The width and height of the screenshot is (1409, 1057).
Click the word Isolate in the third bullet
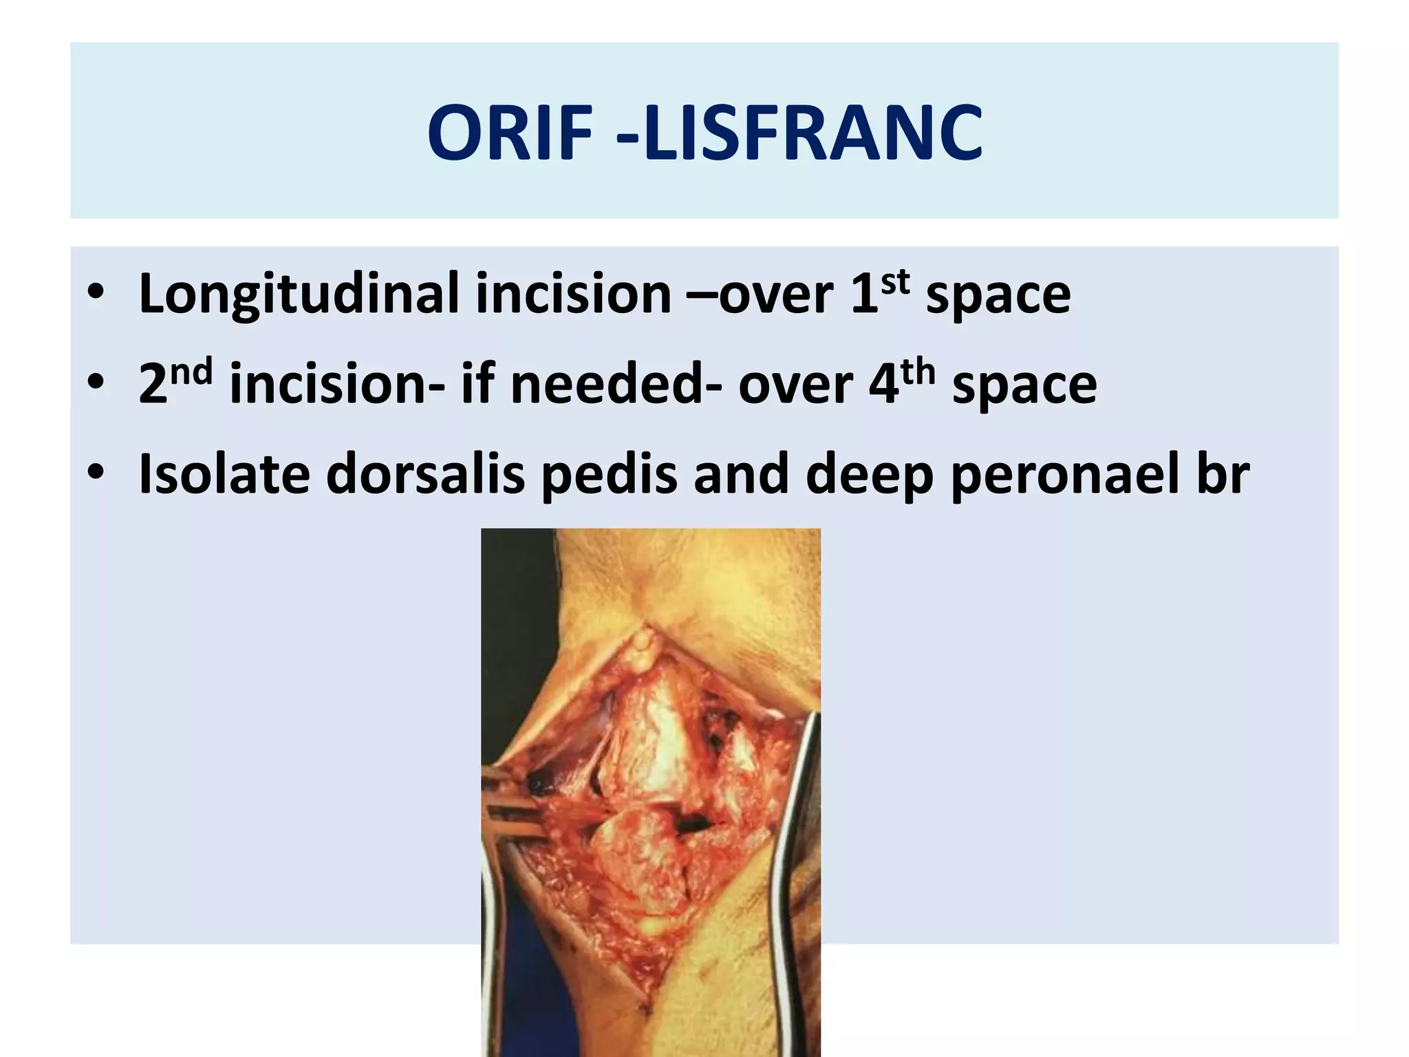[224, 475]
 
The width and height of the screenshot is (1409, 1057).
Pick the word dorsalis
[425, 475]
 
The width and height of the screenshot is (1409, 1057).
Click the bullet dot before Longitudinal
[96, 293]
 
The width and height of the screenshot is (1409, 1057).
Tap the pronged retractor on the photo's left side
[510, 805]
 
